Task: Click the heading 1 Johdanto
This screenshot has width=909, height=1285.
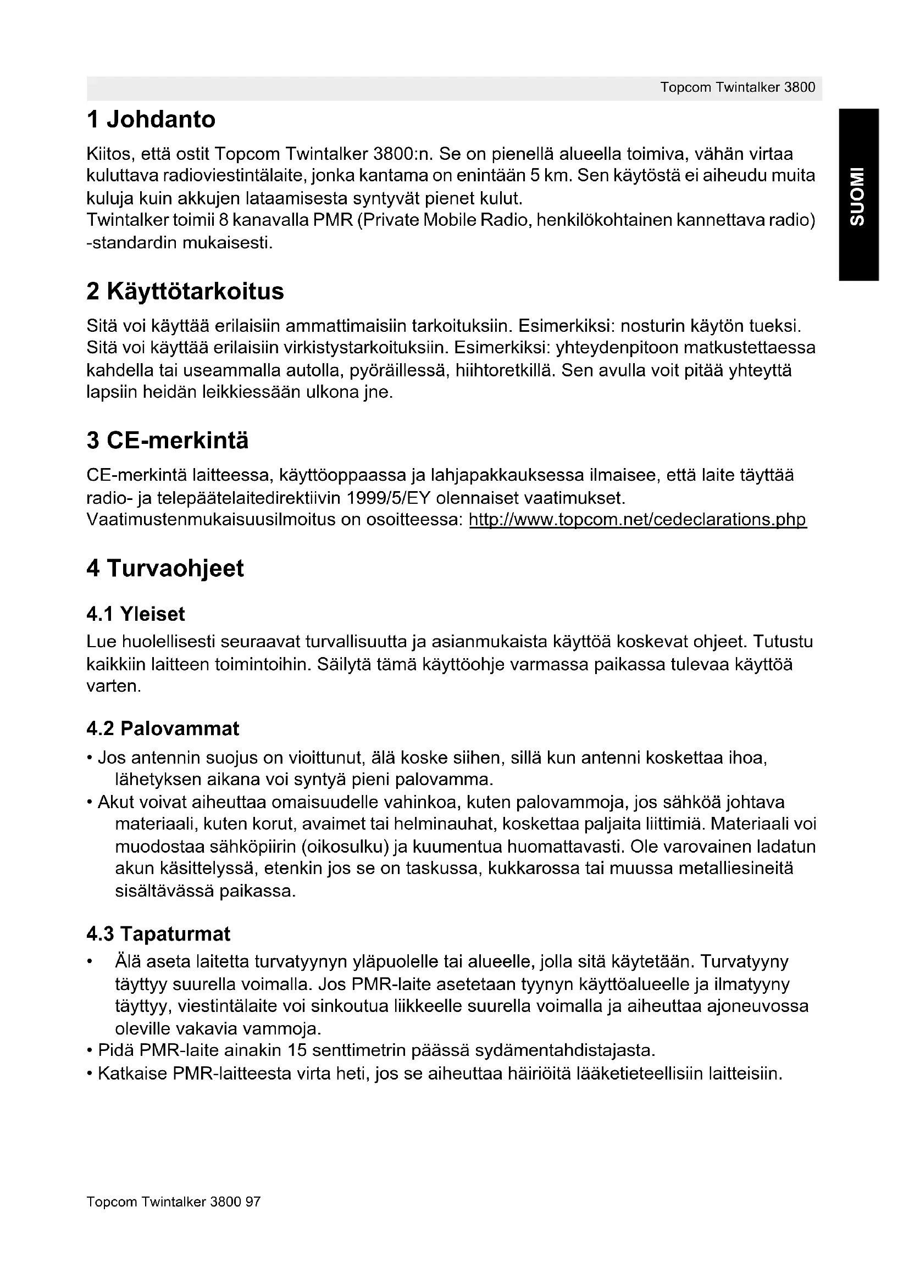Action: click(151, 120)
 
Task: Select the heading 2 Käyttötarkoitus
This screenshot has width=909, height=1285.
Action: click(185, 292)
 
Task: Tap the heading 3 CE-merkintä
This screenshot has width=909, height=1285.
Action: click(168, 441)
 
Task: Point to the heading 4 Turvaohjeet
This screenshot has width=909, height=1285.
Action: click(165, 569)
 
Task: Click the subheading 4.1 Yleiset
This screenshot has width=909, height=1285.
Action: click(135, 615)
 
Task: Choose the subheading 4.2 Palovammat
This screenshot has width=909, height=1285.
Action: click(162, 728)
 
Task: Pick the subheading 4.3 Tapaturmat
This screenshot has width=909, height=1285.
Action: click(158, 934)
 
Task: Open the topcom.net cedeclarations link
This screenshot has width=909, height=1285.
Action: click(638, 520)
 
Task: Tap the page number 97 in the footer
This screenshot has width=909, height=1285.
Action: click(253, 1202)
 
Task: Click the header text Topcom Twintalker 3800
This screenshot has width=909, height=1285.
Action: click(737, 87)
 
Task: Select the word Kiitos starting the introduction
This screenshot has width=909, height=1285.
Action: click(110, 153)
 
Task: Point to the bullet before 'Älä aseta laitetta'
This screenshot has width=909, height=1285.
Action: click(89, 963)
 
